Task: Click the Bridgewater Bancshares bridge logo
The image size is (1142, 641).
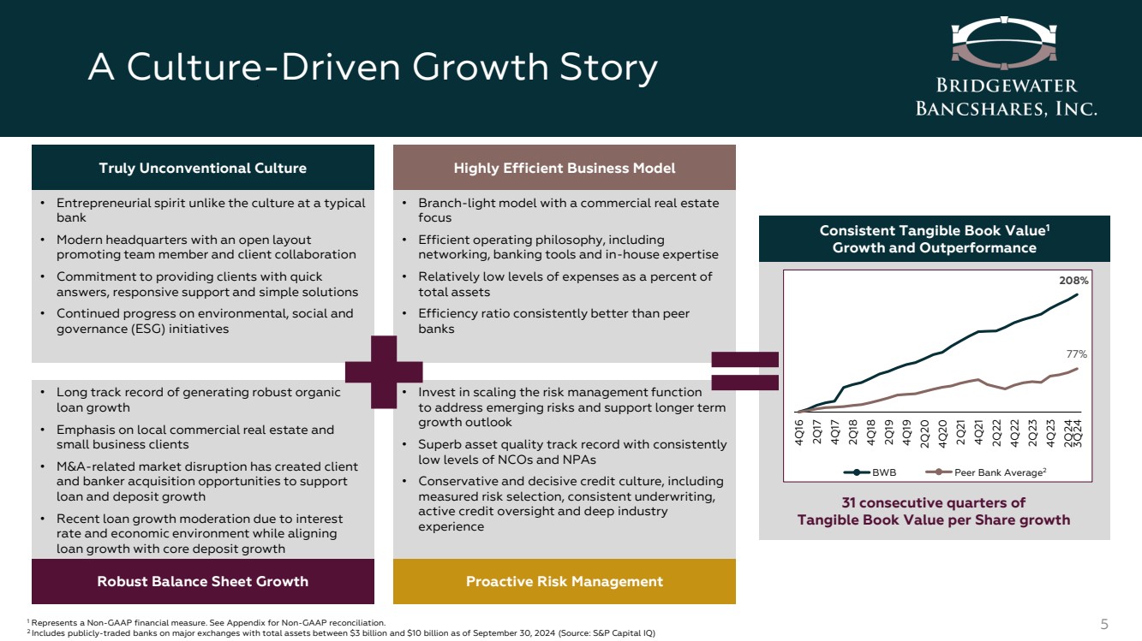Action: point(1004,44)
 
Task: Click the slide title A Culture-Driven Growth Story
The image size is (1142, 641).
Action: point(373,68)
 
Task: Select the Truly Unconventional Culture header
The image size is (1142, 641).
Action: point(202,168)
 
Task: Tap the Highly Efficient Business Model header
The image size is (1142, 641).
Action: point(565,168)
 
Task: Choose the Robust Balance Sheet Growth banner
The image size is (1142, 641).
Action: point(202,581)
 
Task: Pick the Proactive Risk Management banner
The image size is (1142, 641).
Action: point(565,581)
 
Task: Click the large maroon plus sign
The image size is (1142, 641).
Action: point(384,372)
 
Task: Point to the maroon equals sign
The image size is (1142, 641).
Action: point(744,371)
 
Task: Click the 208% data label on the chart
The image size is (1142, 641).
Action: point(1073,281)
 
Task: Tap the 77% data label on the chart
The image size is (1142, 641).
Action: point(1076,353)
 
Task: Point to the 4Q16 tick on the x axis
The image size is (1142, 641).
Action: point(799,433)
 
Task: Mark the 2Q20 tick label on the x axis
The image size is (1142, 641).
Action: point(924,434)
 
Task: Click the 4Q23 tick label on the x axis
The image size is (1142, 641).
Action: point(1050,433)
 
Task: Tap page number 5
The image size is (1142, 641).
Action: point(1104,624)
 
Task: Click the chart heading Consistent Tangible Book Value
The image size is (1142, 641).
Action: point(934,230)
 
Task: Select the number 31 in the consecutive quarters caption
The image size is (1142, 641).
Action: point(848,502)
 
